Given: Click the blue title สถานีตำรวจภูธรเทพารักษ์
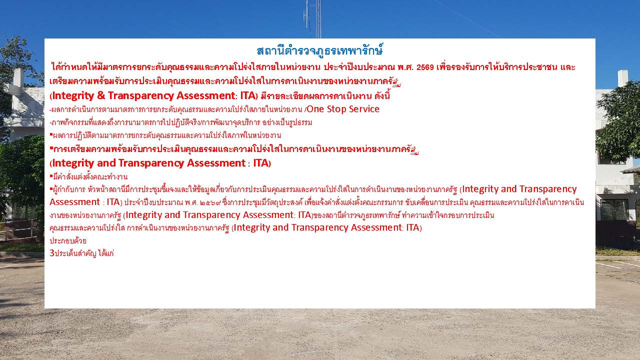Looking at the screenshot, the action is point(319,50).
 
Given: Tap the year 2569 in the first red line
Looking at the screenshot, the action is point(425,67).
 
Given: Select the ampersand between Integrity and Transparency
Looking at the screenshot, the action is point(101,95).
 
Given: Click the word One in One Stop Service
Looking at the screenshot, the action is point(315,109).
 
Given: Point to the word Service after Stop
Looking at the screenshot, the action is point(364,109).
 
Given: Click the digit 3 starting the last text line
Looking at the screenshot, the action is point(51,253).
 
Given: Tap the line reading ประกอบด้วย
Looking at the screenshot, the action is point(68,240).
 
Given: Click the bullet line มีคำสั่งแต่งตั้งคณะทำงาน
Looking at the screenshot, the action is point(88,176).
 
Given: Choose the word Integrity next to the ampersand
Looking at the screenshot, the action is point(73,96).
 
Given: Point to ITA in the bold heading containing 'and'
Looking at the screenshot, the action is point(261,163).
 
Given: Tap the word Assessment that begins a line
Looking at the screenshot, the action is point(74,201).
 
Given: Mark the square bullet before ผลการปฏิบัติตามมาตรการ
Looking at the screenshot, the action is point(51,133).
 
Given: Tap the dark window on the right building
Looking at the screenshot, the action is point(614,209).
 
